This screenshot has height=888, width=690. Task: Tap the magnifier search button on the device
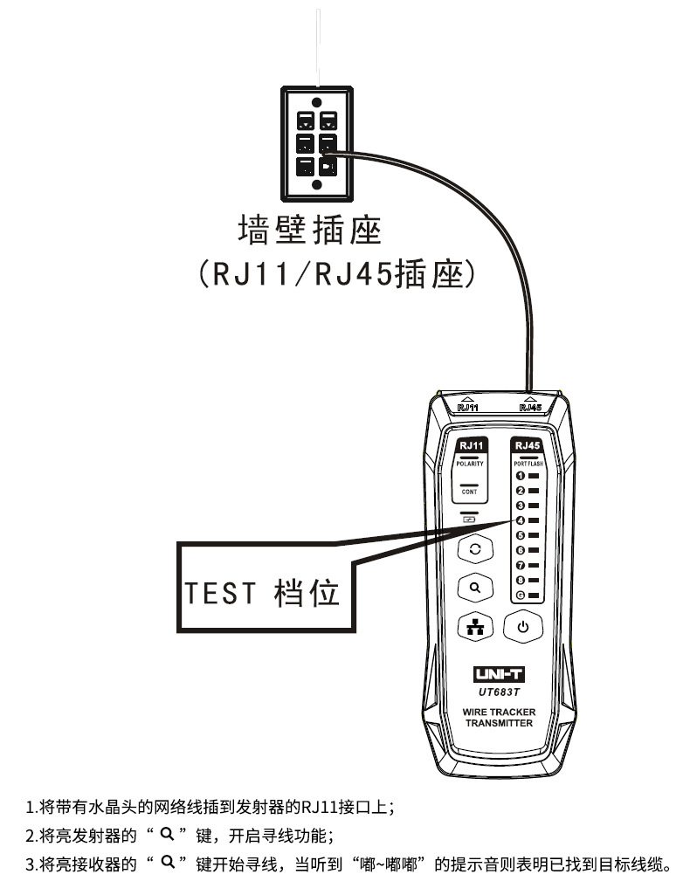475,588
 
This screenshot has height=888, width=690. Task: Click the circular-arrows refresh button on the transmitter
475,548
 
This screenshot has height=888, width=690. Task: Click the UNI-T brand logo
499,675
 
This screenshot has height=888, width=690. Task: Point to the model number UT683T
499,692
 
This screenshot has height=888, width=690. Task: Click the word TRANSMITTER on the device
499,723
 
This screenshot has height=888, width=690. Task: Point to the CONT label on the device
469,492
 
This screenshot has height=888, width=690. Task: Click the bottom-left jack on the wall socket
305,164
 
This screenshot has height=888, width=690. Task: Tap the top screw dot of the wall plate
315,101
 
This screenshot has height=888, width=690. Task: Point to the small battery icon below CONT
469,519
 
